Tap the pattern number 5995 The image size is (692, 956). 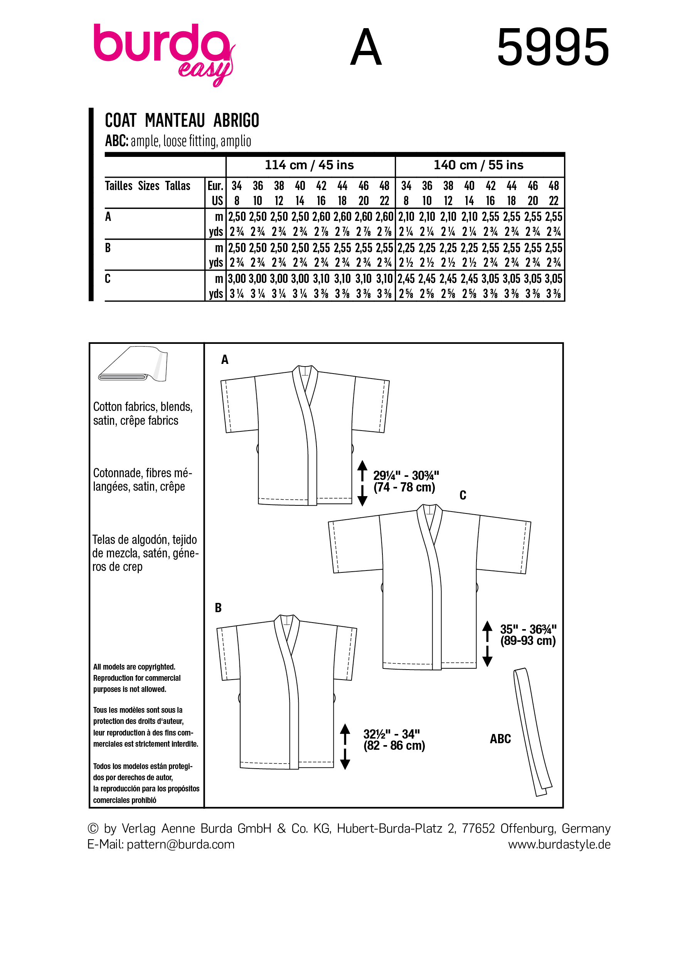point(552,47)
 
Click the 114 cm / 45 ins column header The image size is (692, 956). point(309,165)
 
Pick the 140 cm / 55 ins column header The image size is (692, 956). point(478,165)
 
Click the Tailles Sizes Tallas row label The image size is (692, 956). point(148,186)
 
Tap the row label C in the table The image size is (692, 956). point(108,279)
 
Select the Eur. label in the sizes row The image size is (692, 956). point(215,186)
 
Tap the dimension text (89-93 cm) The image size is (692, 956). point(528,641)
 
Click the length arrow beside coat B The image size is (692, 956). point(345,746)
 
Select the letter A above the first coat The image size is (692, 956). point(225,360)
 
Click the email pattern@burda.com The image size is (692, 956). point(180,844)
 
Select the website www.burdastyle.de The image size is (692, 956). point(559,844)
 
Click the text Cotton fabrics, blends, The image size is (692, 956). point(142,407)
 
